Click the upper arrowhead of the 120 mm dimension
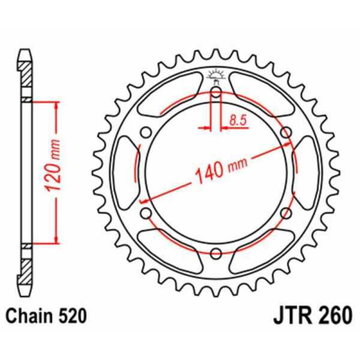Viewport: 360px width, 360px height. tap(57, 106)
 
